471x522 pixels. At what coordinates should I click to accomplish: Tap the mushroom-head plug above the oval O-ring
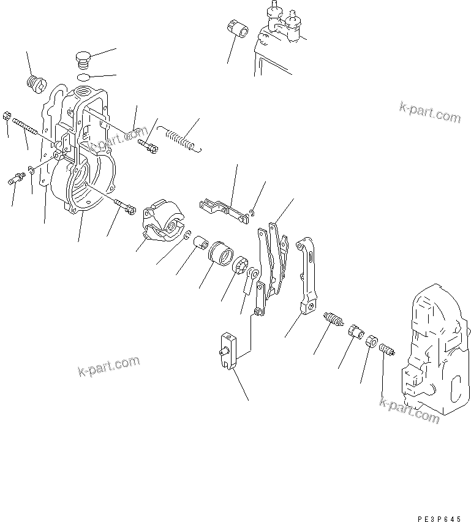[83, 60]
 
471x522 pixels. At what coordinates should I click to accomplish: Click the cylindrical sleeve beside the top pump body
[236, 29]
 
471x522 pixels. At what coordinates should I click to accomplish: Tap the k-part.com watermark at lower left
[108, 367]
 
